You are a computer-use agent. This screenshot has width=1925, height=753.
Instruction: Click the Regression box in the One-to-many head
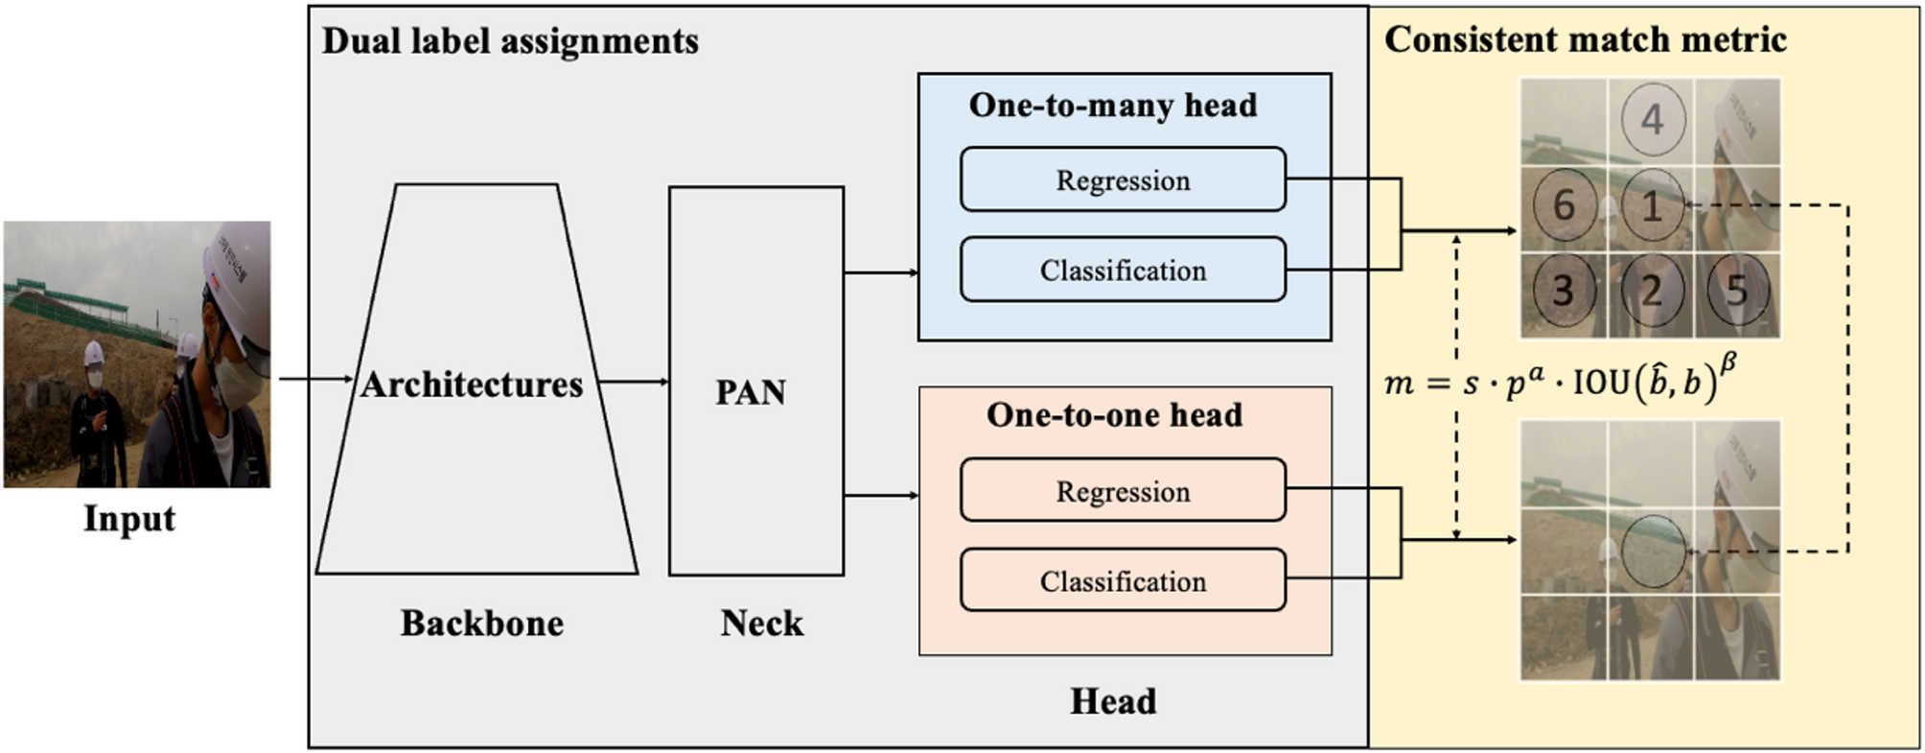point(1123,179)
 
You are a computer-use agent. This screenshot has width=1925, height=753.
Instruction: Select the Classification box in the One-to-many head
point(1123,270)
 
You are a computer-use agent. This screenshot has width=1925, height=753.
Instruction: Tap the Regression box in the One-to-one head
point(1123,490)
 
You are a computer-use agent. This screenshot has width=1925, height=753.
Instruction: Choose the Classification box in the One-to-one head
point(1123,580)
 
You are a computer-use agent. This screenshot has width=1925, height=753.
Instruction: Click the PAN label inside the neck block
point(751,391)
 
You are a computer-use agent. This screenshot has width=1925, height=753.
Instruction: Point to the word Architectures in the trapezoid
point(472,384)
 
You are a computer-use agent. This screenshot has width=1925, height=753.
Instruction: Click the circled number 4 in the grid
point(1652,120)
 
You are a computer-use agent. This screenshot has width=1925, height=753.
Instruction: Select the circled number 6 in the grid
point(1564,204)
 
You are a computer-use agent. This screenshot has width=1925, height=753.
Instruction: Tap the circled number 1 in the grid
point(1652,205)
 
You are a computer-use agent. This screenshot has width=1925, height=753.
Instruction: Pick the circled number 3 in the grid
point(1564,290)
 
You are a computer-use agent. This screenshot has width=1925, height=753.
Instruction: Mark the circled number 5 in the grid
point(1738,290)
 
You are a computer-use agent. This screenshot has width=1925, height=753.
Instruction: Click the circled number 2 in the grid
point(1652,290)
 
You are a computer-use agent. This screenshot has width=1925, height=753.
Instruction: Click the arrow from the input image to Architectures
point(315,379)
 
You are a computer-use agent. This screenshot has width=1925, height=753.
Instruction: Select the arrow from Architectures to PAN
point(633,382)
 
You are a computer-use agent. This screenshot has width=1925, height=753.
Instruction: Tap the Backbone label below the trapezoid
point(481,623)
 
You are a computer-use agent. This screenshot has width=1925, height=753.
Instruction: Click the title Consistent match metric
point(1585,39)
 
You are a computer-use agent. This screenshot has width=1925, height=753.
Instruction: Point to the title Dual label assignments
point(509,41)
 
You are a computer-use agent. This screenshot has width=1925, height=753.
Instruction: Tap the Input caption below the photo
point(129,518)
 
